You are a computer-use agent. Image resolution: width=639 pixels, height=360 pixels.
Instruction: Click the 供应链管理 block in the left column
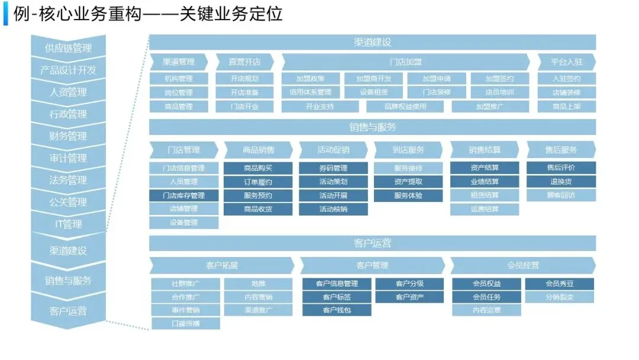[68, 48]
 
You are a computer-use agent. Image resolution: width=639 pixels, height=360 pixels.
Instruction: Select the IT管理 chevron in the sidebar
[68, 224]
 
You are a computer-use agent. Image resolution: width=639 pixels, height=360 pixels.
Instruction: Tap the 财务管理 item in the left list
[68, 136]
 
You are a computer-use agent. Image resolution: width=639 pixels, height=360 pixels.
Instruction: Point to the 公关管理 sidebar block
[68, 202]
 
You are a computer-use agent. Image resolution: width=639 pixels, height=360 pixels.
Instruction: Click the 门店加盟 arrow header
[405, 62]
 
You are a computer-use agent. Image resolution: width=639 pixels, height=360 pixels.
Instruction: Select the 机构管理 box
[178, 78]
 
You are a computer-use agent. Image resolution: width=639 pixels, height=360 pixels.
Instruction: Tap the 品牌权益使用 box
[405, 107]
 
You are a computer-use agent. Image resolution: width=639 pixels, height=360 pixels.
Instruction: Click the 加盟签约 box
[499, 78]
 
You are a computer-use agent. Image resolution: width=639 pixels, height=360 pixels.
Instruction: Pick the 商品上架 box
[566, 107]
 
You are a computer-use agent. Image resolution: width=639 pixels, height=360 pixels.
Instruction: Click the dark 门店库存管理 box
[183, 195]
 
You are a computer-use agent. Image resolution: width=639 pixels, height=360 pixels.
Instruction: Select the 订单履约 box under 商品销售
[258, 182]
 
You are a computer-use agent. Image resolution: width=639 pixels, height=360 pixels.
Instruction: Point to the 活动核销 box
[333, 209]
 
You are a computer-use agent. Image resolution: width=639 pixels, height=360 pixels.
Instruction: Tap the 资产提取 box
[408, 182]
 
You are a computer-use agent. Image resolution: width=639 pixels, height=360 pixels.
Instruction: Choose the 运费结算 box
[485, 209]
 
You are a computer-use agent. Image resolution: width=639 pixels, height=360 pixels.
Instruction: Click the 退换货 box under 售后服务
[561, 182]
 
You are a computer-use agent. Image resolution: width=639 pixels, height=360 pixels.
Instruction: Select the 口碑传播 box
[186, 323]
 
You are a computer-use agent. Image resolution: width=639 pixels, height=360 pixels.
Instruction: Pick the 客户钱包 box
[337, 310]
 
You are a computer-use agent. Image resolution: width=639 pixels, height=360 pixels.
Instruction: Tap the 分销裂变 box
[559, 297]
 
